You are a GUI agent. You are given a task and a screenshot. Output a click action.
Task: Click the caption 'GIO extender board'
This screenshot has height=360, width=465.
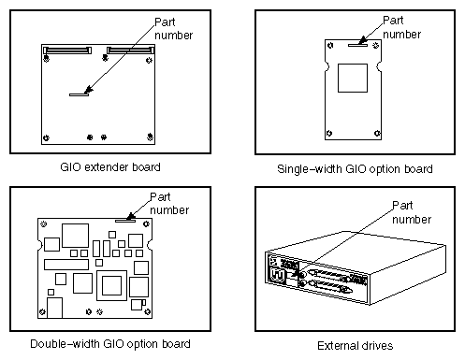[115, 167]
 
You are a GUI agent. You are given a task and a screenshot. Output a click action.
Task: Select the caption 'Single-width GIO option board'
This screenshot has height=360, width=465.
[355, 169]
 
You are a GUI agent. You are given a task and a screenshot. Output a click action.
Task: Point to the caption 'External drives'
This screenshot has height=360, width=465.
[355, 344]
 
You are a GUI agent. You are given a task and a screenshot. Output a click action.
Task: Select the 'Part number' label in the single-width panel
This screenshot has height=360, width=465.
[401, 26]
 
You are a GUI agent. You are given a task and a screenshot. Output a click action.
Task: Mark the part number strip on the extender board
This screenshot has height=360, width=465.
[77, 94]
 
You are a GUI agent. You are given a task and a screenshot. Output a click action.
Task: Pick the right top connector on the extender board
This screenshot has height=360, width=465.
[128, 48]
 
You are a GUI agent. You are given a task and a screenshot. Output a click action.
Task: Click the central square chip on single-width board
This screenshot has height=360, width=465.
[353, 80]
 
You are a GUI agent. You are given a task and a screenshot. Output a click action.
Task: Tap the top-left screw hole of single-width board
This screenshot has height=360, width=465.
[329, 43]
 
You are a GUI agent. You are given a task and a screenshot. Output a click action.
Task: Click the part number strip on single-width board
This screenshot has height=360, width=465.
[356, 42]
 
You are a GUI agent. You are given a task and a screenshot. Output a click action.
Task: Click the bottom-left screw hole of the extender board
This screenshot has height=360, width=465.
[47, 137]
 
